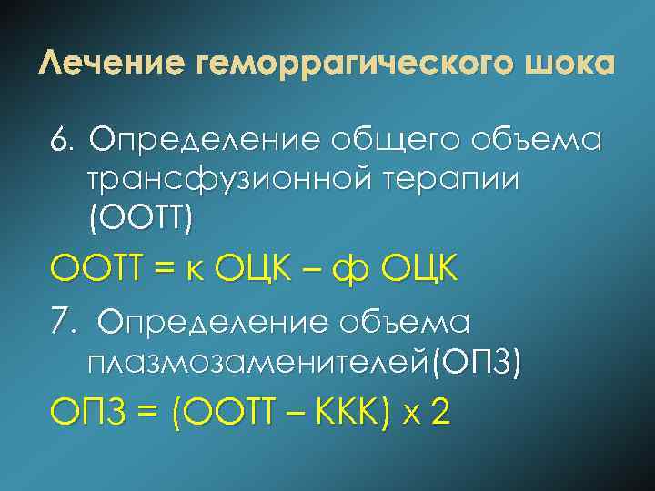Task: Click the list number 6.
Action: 62,141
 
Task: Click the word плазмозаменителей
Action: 258,362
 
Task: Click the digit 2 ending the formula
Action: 441,414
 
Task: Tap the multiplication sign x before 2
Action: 410,416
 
